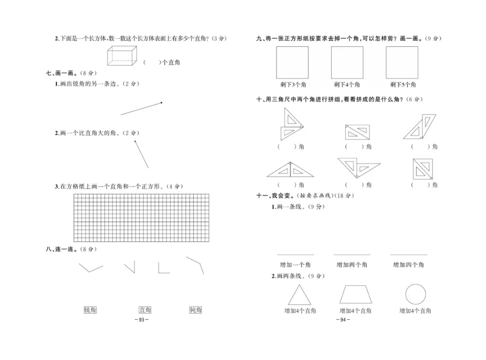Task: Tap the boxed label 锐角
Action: pos(90,310)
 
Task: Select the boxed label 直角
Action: pos(145,310)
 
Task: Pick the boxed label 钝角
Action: pos(196,310)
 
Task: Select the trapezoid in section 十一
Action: pos(355,294)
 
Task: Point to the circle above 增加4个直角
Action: pos(415,294)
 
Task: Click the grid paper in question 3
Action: pos(140,216)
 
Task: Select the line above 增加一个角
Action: pos(295,254)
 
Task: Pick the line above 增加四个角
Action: pos(408,254)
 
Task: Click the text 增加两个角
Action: pos(352,265)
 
